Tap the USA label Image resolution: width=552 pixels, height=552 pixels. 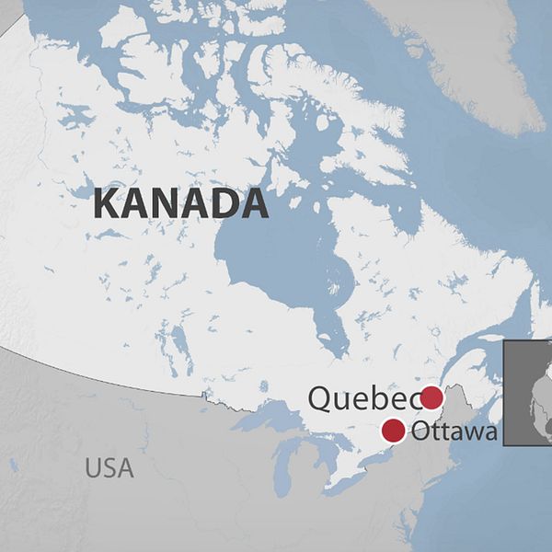(x=109, y=467)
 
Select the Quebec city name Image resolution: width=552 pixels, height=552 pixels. (x=363, y=399)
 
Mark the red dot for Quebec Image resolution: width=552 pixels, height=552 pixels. (x=431, y=398)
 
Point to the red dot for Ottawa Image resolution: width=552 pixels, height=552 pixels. (x=393, y=430)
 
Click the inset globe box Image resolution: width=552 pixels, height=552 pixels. (x=528, y=393)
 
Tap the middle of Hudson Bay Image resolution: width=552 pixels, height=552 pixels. (x=276, y=258)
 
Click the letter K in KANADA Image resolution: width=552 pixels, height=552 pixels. (x=108, y=204)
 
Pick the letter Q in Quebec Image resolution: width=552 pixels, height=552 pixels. (x=322, y=399)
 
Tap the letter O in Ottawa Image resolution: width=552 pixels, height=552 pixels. (x=422, y=431)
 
